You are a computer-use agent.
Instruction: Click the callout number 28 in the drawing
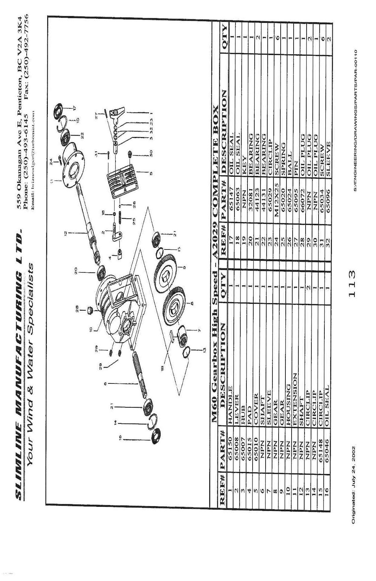(x=77, y=310)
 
